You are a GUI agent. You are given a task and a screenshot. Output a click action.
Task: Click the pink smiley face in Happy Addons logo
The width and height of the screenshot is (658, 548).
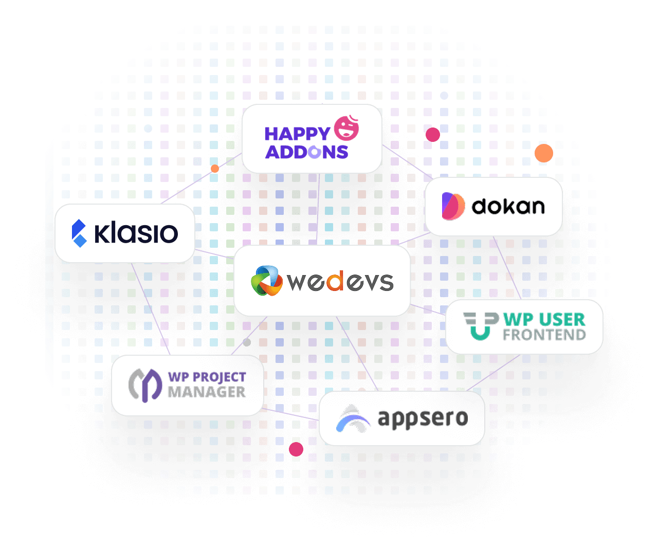click(x=347, y=129)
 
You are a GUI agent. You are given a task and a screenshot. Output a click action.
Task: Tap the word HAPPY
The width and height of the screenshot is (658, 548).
click(x=297, y=134)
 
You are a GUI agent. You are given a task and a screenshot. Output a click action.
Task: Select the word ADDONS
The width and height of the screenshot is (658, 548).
click(x=307, y=152)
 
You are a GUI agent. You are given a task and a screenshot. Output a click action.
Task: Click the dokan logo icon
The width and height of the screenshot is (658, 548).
click(x=453, y=206)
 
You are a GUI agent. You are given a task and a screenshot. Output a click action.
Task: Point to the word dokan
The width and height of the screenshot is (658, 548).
click(x=508, y=206)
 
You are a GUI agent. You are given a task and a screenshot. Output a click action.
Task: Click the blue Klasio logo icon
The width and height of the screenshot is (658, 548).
click(x=79, y=233)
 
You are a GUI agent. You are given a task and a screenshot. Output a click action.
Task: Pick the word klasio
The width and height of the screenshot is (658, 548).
click(x=136, y=233)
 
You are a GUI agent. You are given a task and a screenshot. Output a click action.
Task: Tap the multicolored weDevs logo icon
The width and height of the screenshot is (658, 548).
click(x=266, y=281)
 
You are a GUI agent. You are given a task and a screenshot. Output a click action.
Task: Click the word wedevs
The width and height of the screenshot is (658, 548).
click(x=340, y=281)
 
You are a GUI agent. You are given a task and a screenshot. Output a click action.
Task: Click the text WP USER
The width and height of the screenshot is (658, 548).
click(x=544, y=319)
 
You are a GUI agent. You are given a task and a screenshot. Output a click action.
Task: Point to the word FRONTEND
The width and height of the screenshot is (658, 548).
click(x=544, y=335)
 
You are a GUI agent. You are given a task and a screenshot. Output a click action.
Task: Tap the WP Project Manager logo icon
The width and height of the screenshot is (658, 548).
click(x=145, y=385)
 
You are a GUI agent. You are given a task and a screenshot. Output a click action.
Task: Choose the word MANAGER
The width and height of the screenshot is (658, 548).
click(x=207, y=392)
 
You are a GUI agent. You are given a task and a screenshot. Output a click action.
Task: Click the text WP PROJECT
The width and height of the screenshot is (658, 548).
click(x=207, y=377)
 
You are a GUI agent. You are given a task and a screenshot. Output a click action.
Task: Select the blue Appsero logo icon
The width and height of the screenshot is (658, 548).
click(x=353, y=419)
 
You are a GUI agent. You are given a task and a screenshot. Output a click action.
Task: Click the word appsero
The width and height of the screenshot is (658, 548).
click(x=423, y=418)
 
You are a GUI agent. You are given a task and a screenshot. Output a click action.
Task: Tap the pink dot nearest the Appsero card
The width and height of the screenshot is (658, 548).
click(x=296, y=449)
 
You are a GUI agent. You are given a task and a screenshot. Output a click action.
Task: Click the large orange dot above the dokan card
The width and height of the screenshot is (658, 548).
click(x=544, y=153)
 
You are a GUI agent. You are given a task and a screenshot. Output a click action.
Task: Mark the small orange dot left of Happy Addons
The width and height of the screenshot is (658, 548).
click(x=215, y=169)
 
